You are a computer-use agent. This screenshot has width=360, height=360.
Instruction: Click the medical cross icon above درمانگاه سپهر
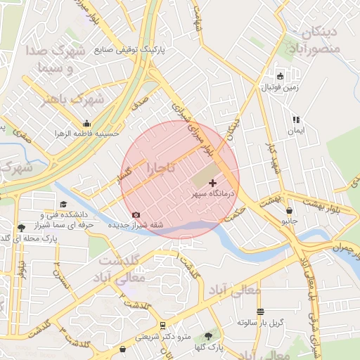[214, 183]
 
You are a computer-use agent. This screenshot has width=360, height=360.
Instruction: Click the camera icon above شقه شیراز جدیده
[136, 214]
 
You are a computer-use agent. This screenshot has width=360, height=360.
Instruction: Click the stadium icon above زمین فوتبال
[280, 76]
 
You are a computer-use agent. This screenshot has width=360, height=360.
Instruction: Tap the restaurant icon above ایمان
[296, 120]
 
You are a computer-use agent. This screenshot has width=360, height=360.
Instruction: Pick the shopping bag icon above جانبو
[289, 210]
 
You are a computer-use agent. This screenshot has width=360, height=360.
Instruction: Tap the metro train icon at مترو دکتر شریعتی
[163, 326]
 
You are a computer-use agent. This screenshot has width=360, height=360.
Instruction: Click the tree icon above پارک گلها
[207, 336]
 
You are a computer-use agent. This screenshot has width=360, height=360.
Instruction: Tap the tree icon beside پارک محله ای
[21, 227]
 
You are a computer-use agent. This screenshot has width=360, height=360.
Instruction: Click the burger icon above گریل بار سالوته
[260, 311]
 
